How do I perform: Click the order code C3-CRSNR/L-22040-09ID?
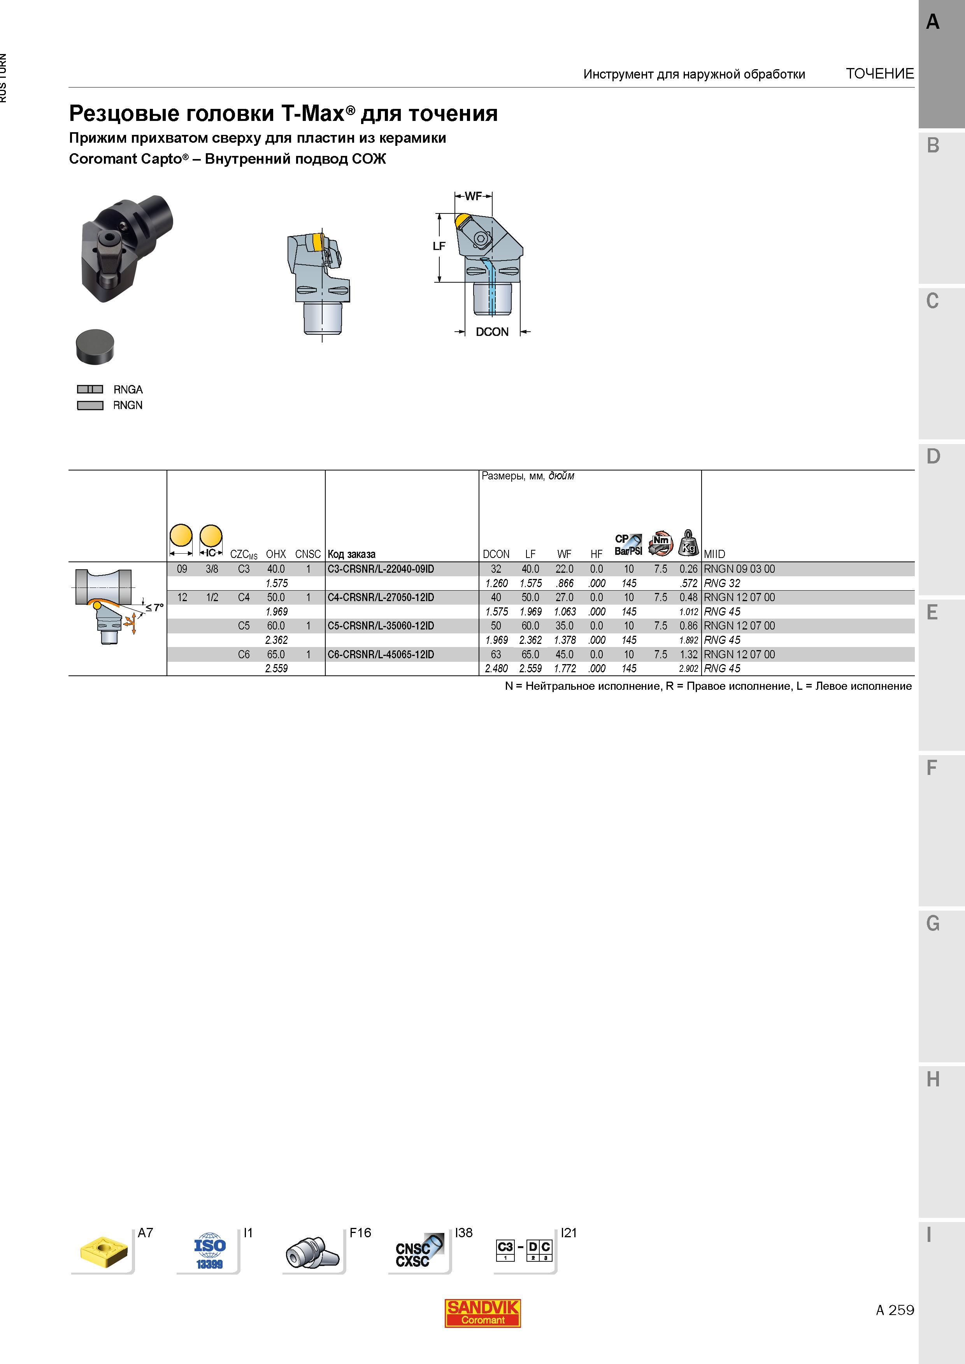pos(381,569)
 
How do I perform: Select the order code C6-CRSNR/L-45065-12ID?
pos(381,655)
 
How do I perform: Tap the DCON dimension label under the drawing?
pos(492,332)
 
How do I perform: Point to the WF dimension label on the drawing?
pos(473,196)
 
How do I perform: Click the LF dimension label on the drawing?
pos(439,246)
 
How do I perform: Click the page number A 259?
pos(895,1310)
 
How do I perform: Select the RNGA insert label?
pos(128,390)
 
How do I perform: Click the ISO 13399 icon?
pos(209,1251)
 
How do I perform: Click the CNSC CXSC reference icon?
pos(419,1252)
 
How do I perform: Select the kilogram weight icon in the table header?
pos(688,543)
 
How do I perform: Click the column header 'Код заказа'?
pos(351,554)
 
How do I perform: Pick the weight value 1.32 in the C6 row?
pos(688,655)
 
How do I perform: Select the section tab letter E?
pos(932,612)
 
